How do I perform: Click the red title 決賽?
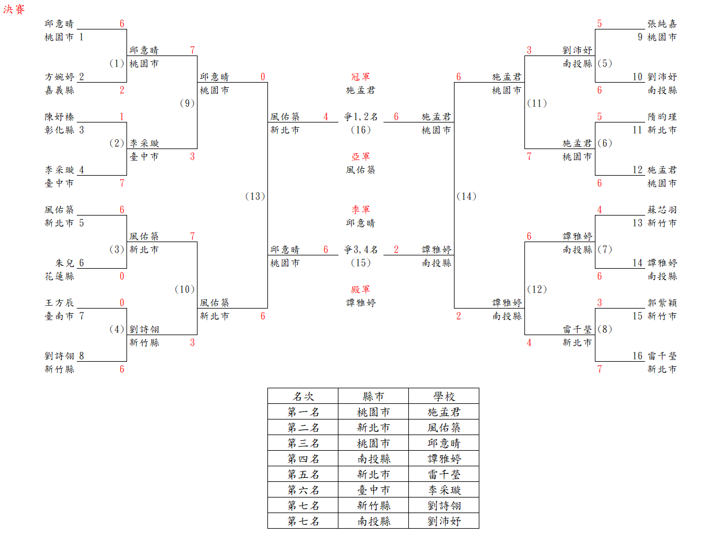(x=14, y=10)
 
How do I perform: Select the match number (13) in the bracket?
(x=255, y=196)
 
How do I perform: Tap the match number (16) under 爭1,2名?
(x=360, y=130)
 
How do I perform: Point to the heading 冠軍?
(x=360, y=77)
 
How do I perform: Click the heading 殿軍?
(x=360, y=289)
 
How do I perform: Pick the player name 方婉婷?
(x=59, y=77)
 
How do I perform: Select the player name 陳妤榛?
(x=59, y=117)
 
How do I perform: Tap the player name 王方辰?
(x=59, y=303)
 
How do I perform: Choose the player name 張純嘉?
(x=662, y=24)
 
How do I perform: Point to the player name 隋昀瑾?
(x=662, y=117)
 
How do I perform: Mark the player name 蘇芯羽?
(x=662, y=210)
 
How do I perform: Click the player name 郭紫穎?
(x=662, y=303)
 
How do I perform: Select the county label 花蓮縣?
(x=59, y=276)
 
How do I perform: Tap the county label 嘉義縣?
(x=59, y=90)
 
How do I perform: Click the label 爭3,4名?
(x=360, y=250)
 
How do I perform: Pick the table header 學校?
(x=444, y=396)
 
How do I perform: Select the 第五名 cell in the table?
(x=303, y=474)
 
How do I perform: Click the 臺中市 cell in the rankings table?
(x=373, y=490)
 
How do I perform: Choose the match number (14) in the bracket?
(x=466, y=196)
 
